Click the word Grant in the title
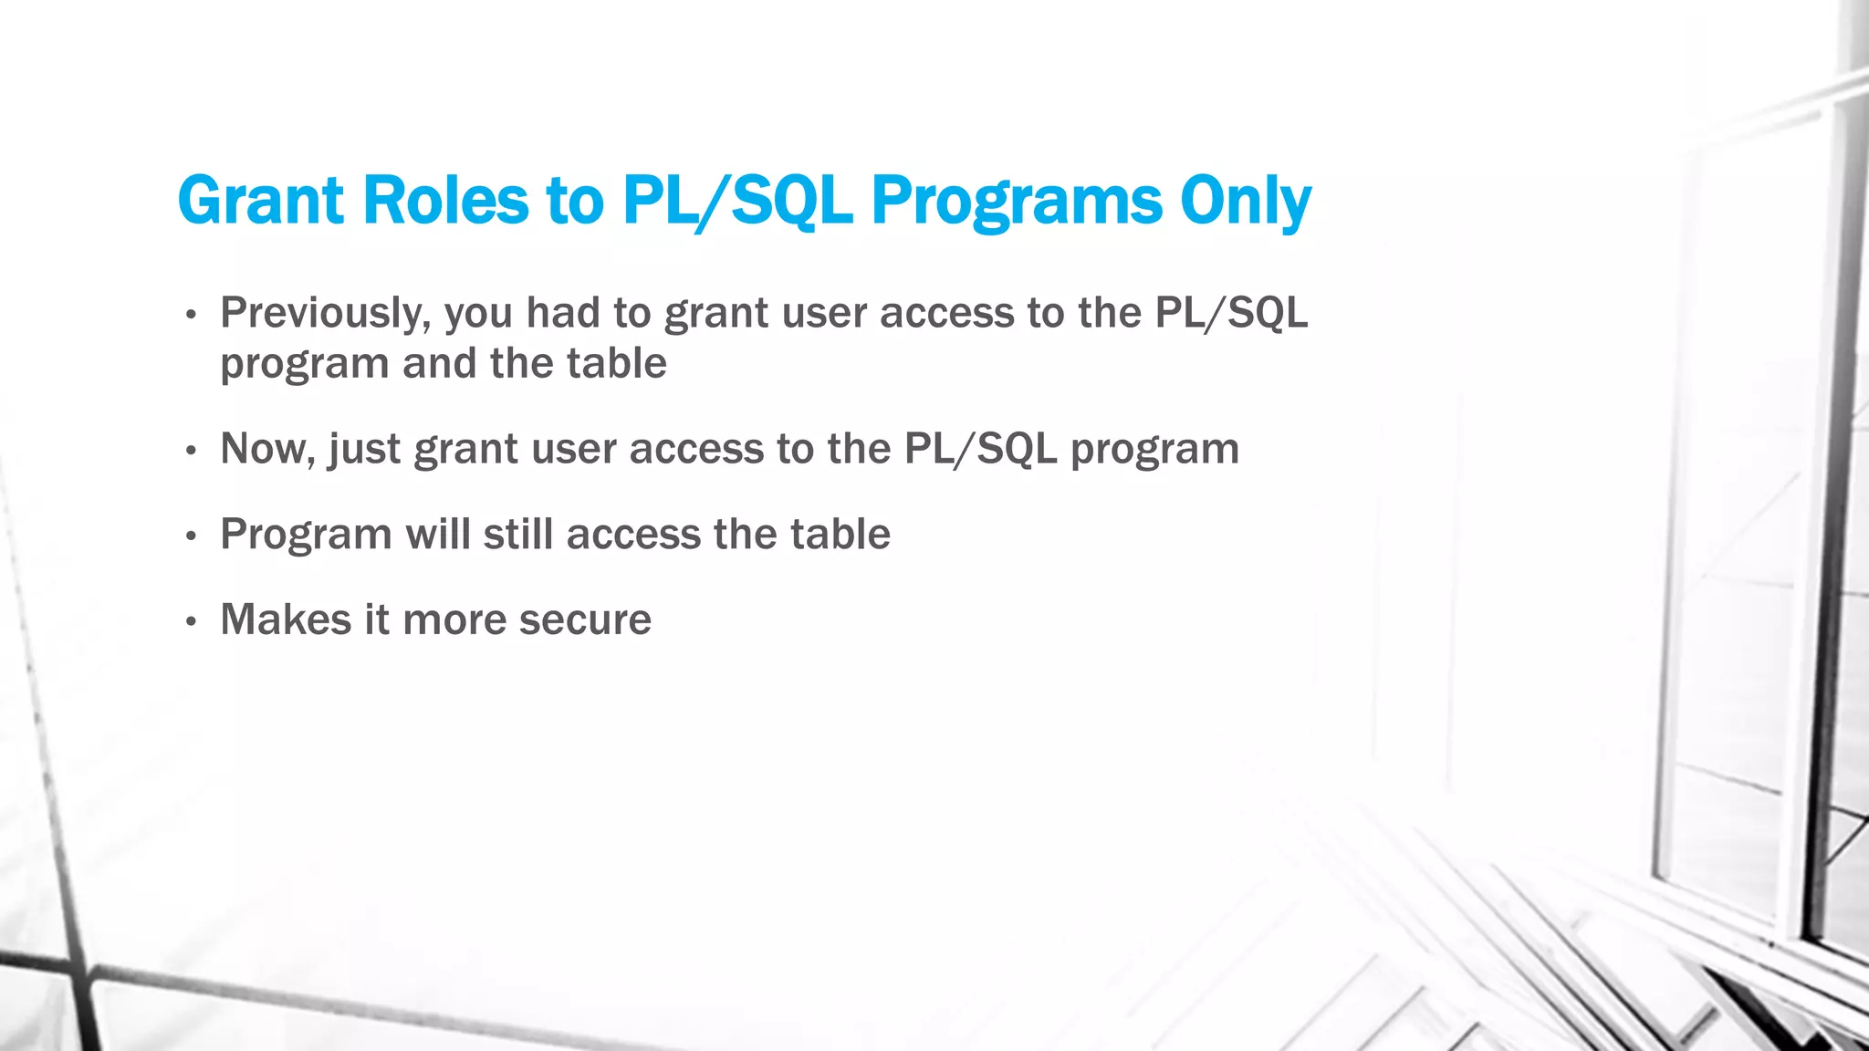(260, 200)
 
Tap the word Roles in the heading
(445, 200)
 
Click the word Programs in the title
(1017, 200)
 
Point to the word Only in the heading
(1245, 200)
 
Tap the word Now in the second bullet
(266, 449)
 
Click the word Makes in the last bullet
(285, 619)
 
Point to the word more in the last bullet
(454, 619)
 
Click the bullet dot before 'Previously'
(191, 316)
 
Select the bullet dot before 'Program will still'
(191, 536)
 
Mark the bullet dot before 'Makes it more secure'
(191, 622)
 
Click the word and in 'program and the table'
(440, 363)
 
